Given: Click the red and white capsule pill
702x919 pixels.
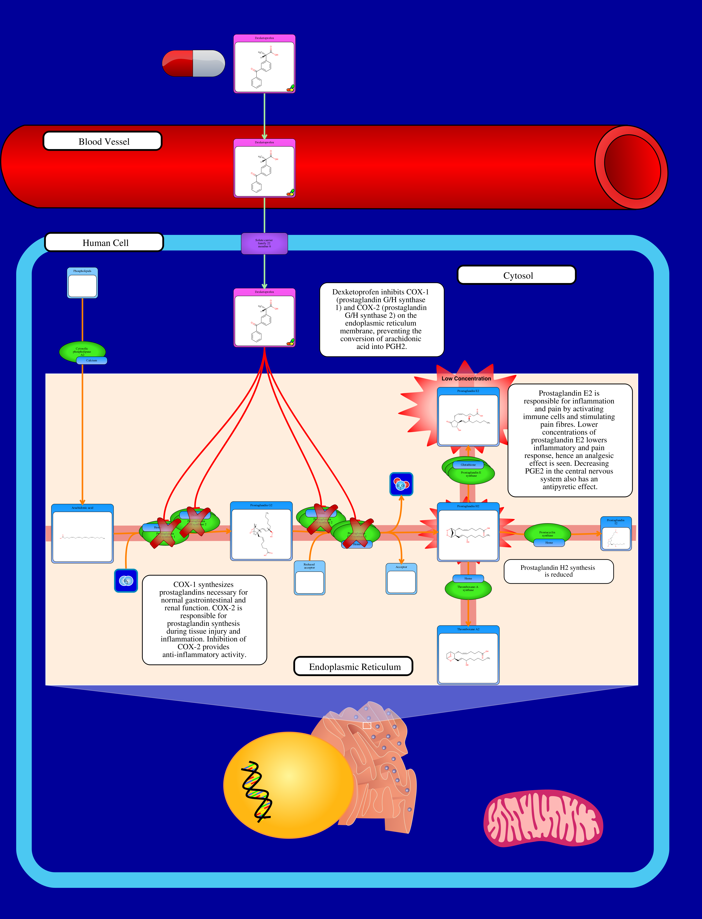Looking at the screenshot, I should coord(193,64).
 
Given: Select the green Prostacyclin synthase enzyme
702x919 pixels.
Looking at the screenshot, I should coord(547,533).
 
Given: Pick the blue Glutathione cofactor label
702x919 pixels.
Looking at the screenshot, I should coord(468,465).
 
